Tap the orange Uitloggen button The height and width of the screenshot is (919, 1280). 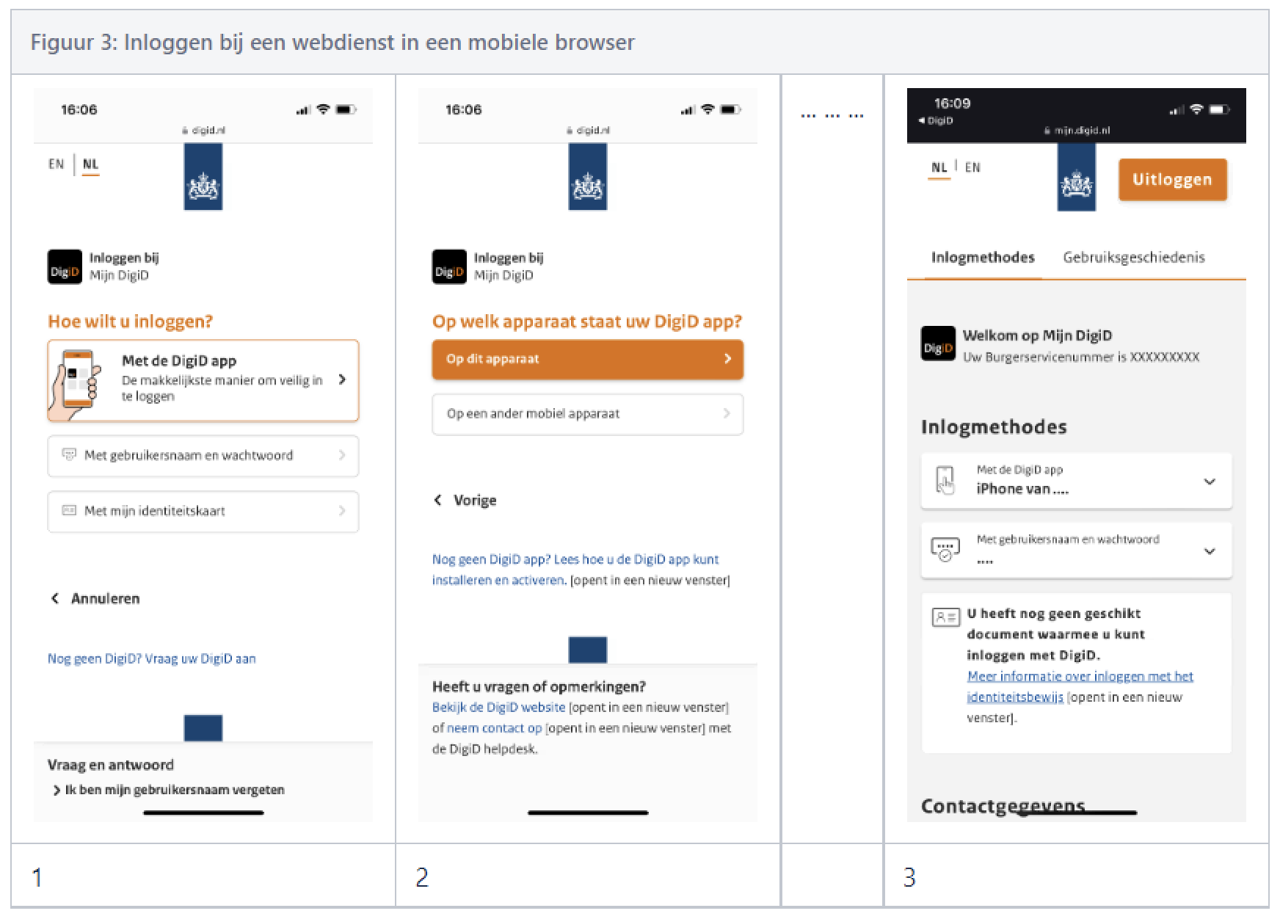click(x=1172, y=180)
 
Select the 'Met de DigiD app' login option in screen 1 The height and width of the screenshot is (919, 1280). click(x=203, y=380)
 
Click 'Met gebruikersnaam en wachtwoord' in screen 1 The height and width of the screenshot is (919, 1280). click(x=203, y=456)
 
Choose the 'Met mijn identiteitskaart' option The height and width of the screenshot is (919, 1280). click(x=203, y=511)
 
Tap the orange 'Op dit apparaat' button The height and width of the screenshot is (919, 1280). click(x=587, y=359)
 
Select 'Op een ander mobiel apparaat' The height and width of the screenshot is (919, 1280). click(x=587, y=414)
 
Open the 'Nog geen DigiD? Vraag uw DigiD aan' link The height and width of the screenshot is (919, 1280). click(x=152, y=658)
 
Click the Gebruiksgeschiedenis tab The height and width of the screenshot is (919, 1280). click(x=1133, y=258)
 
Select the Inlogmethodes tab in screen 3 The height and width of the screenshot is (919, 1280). click(x=982, y=258)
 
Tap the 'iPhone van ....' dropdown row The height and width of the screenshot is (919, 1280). click(x=1076, y=482)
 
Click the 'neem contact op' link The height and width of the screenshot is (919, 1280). click(x=494, y=728)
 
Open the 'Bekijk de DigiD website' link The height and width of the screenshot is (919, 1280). click(x=498, y=708)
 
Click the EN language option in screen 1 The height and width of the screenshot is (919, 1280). click(x=57, y=164)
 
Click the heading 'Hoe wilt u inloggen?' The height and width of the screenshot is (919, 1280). click(x=130, y=322)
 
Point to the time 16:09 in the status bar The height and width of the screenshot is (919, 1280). click(x=952, y=103)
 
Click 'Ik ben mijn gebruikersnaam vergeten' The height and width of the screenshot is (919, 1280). click(x=174, y=790)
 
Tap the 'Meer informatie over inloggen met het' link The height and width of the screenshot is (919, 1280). click(x=1079, y=676)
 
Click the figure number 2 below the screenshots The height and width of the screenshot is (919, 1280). click(x=422, y=877)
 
